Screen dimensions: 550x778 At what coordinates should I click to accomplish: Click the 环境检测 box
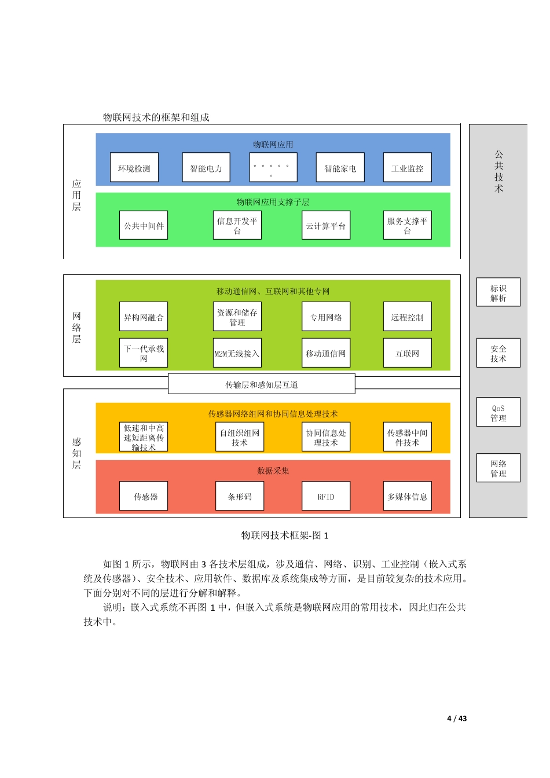tap(134, 168)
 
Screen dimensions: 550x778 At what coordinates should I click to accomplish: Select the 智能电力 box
tap(206, 168)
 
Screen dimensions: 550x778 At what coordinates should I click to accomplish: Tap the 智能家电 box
tap(340, 168)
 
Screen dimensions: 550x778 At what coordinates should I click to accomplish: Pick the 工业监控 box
tap(408, 168)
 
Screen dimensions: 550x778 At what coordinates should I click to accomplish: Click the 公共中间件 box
tap(144, 225)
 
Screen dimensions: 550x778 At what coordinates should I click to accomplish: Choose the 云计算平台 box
tap(326, 225)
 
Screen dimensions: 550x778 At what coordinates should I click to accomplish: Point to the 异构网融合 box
tap(144, 317)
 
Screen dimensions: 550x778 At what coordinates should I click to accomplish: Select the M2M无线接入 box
tap(237, 353)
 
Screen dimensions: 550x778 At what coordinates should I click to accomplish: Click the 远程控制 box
tap(408, 317)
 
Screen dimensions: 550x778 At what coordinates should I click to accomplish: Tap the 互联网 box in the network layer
tap(408, 353)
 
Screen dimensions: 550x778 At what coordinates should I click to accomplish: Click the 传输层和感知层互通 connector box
tap(262, 384)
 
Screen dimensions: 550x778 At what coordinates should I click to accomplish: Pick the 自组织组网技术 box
tap(240, 437)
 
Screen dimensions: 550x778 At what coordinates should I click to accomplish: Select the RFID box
tap(326, 496)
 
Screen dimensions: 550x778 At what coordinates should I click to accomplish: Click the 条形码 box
tap(240, 496)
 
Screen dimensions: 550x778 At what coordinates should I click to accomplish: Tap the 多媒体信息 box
tap(408, 496)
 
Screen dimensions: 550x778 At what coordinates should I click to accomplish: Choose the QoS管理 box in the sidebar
tap(498, 412)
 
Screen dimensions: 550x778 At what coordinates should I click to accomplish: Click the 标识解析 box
tap(498, 292)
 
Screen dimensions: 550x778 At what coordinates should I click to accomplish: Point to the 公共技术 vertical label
tap(498, 171)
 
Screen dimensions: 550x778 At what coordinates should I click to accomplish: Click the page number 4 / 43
tap(457, 718)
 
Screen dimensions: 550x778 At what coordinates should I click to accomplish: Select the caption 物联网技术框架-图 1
tap(285, 535)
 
